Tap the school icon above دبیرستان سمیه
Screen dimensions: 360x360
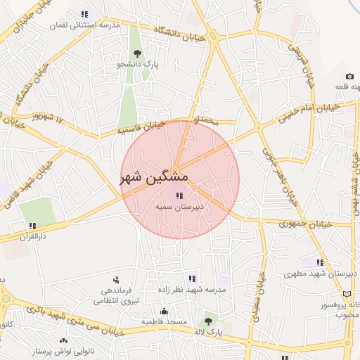[x=179, y=195]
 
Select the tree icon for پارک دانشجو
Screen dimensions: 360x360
[x=137, y=53]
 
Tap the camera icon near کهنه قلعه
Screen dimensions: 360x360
[x=349, y=77]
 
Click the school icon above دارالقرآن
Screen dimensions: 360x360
[x=32, y=226]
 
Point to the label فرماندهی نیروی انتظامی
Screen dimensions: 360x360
[x=116, y=295]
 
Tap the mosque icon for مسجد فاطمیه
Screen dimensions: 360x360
[x=165, y=311]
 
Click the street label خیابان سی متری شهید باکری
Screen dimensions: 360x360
[x=77, y=318]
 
